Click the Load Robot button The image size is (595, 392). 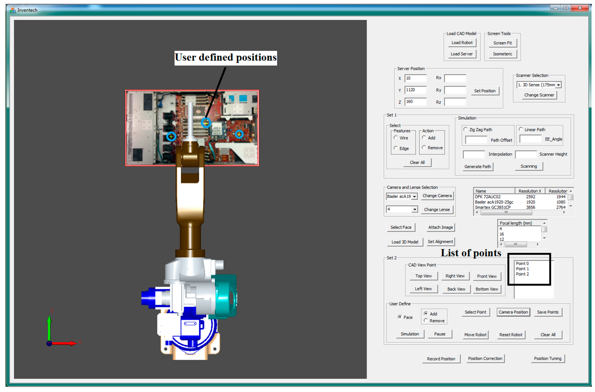pos(462,43)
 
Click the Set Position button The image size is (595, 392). pos(484,91)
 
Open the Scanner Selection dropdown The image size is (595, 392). pos(558,85)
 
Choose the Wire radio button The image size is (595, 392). pos(396,138)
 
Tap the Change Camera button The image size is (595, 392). pos(437,196)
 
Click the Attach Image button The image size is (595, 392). pos(440,227)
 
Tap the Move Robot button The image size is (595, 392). pos(475,335)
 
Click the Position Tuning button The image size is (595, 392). pos(547,358)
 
